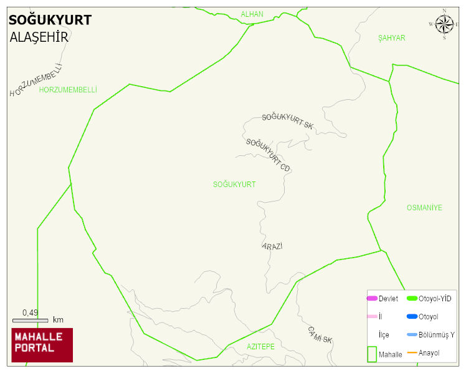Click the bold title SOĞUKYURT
(50, 20)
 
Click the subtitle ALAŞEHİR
(39, 37)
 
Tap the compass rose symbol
(444, 24)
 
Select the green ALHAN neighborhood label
(252, 14)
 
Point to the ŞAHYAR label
(391, 38)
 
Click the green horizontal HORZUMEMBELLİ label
(68, 90)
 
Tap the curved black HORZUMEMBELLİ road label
(37, 80)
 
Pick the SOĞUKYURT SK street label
(287, 120)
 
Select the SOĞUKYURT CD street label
(268, 155)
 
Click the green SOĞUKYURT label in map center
(234, 185)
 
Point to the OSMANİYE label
(424, 208)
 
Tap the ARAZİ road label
(272, 246)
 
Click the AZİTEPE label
(260, 346)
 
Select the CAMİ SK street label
(320, 334)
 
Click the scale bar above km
(30, 320)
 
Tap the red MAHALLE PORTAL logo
(42, 345)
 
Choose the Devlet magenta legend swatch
(372, 299)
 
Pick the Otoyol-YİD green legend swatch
(412, 299)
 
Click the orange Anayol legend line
(412, 353)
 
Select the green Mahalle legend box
(372, 354)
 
